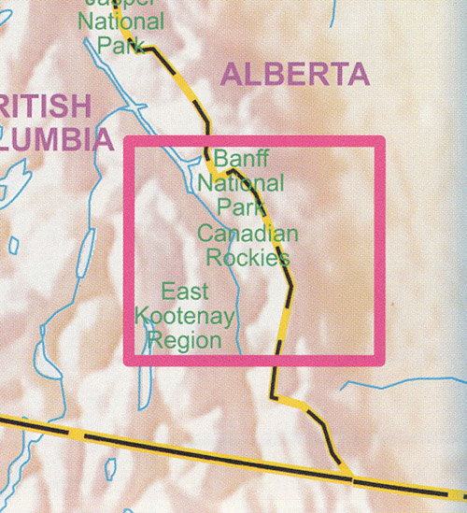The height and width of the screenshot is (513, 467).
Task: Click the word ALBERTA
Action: point(294,76)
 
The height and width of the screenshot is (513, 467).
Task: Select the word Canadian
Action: point(248,234)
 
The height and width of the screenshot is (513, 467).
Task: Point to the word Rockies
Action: point(248,257)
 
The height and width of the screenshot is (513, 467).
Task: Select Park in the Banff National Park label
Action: point(240,205)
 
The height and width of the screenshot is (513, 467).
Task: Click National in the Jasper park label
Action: point(122,21)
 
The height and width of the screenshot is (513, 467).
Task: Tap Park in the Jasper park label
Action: point(120,44)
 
